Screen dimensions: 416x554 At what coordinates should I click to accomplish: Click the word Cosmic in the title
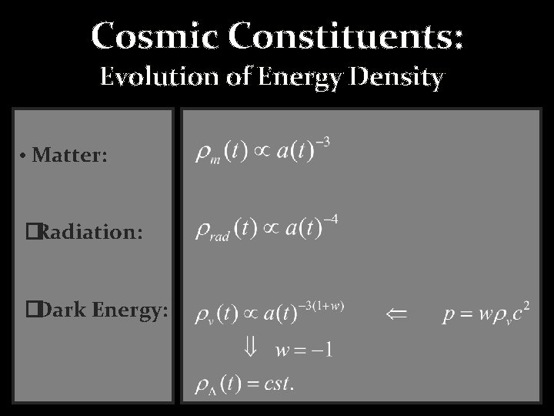(x=142, y=35)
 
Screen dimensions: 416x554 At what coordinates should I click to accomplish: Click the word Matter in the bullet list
(x=70, y=156)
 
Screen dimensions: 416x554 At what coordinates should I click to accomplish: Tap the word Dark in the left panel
(x=63, y=310)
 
